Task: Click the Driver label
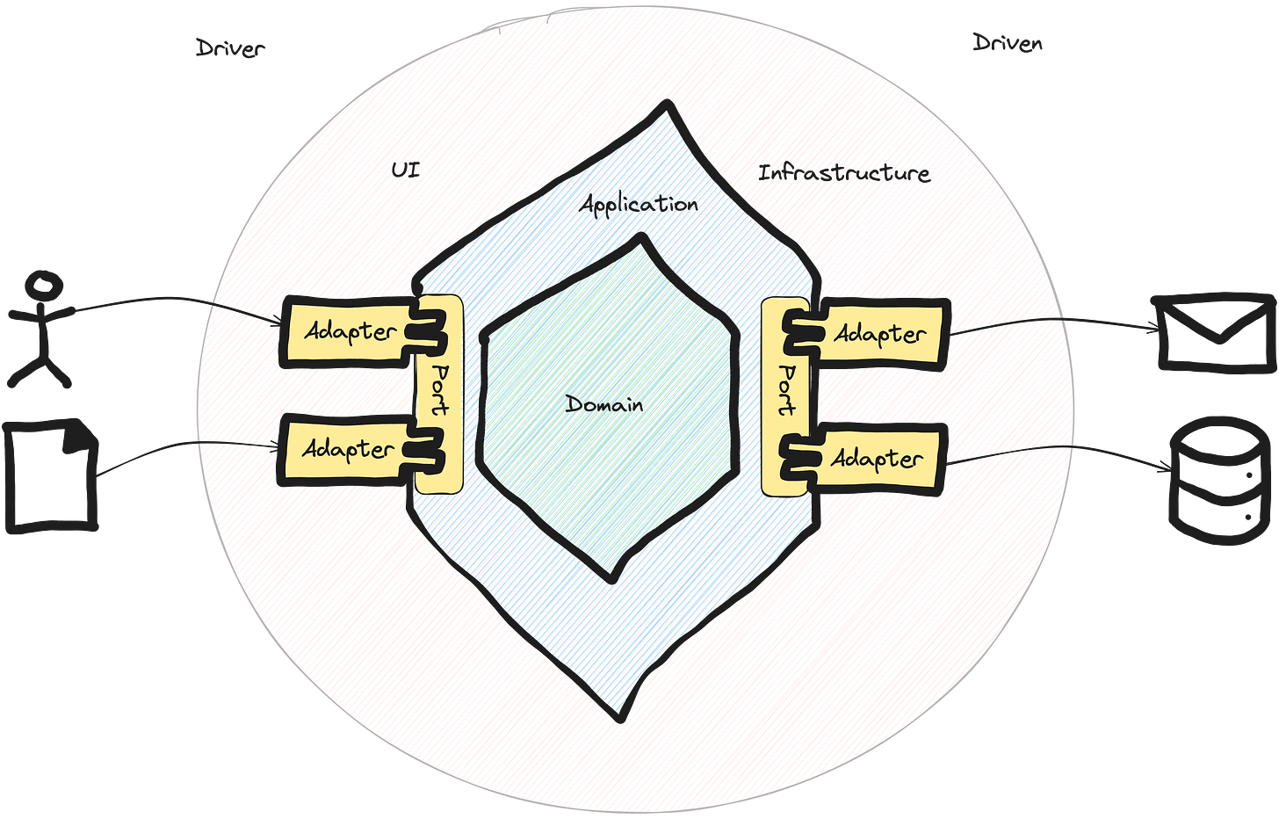(228, 48)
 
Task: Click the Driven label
(1008, 42)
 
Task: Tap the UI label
(406, 170)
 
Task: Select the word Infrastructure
(844, 173)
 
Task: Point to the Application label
(639, 205)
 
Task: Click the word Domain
(604, 405)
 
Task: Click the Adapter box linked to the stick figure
(347, 332)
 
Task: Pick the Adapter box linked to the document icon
(347, 449)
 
